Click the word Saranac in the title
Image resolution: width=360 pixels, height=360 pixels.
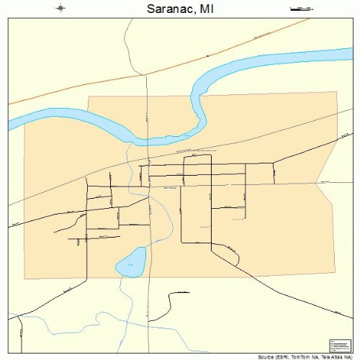point(170,9)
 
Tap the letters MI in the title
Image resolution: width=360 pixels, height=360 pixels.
point(207,9)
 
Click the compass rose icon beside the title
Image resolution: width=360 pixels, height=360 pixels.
point(60,9)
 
